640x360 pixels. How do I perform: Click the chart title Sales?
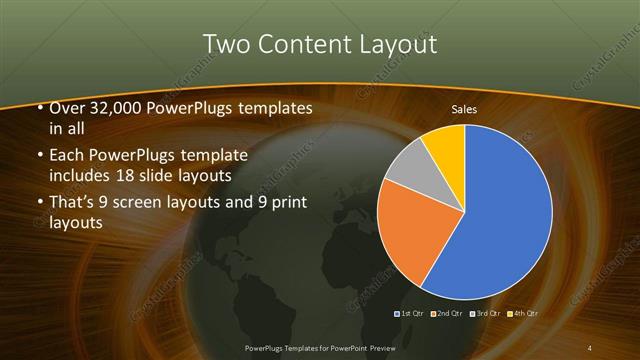point(464,108)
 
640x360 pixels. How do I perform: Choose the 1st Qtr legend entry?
point(411,314)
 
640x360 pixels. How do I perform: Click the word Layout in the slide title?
point(395,45)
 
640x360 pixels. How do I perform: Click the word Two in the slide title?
point(224,45)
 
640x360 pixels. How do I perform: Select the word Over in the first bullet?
point(65,108)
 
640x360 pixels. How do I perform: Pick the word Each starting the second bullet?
point(66,156)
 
